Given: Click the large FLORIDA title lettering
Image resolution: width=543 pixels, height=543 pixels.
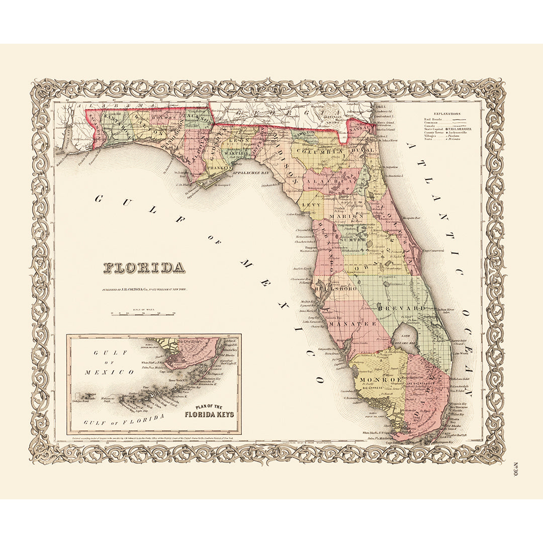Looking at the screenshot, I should click(144, 267).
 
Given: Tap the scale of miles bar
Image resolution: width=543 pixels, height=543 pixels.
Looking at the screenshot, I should click(143, 313).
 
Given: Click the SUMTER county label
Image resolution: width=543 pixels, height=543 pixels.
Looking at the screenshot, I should click(355, 240).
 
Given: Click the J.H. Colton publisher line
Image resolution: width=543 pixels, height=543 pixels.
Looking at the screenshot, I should click(144, 290).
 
